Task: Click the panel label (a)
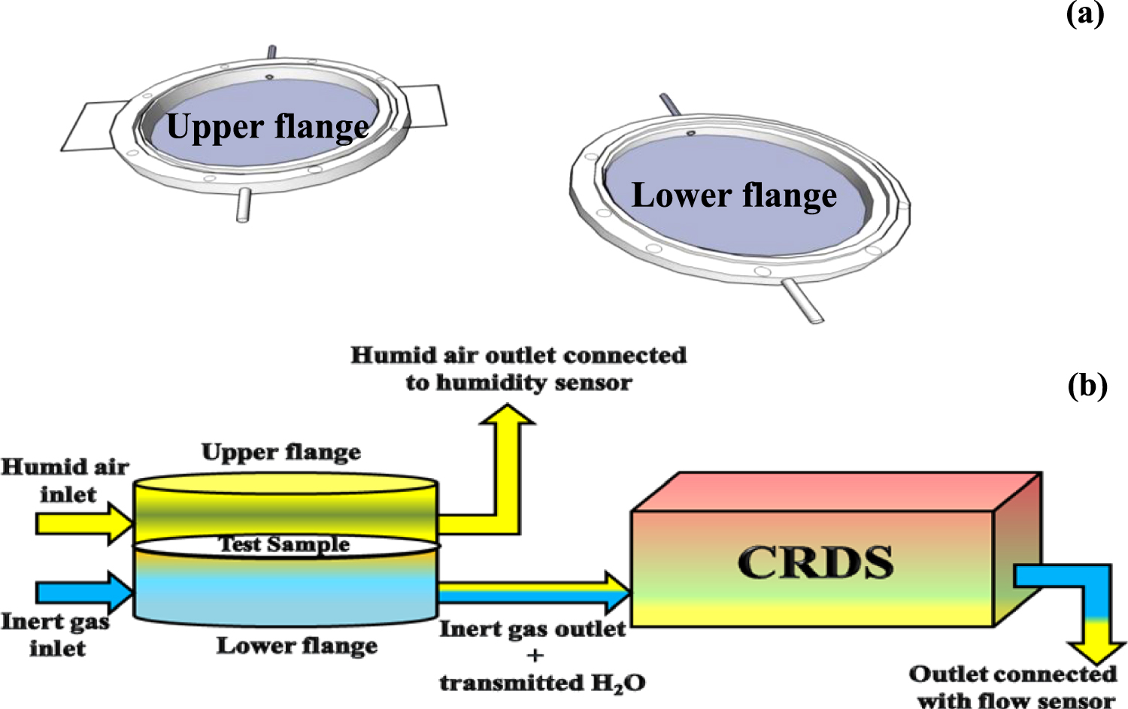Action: point(1084,14)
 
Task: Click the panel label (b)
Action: point(1087,385)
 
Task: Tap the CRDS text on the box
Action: point(815,562)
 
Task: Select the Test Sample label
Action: point(284,544)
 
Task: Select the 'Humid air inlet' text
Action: point(66,480)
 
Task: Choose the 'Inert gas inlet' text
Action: point(56,635)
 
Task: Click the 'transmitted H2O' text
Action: point(542,683)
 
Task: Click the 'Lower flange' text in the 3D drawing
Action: point(734,195)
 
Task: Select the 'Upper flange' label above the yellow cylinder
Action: point(281,452)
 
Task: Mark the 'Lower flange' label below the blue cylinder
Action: point(297,646)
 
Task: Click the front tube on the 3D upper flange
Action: point(244,205)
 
